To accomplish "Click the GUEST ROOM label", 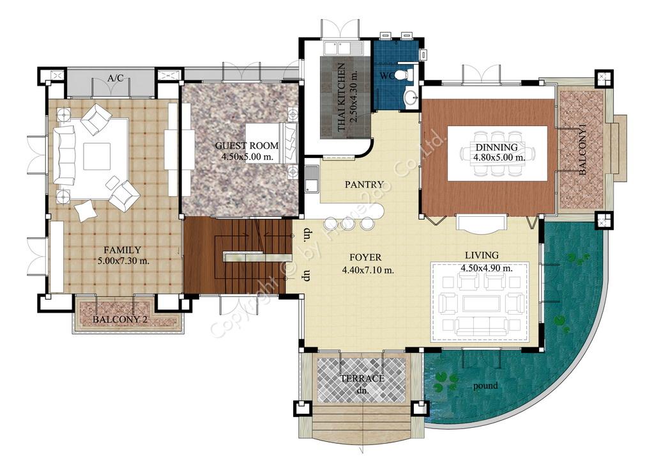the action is [x=247, y=146].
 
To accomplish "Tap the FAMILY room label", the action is [x=122, y=250].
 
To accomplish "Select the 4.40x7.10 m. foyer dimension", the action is [x=368, y=270].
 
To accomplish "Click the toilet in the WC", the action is [x=403, y=75].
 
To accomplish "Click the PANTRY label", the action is [x=364, y=184].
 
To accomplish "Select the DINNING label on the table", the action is [x=497, y=147].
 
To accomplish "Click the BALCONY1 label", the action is [x=582, y=150].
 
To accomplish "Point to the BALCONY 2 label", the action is [x=120, y=320].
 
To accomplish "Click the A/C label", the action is [x=116, y=78].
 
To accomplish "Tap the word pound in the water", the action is [x=485, y=386].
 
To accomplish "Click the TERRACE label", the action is [x=363, y=379].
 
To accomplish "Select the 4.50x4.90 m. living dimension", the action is [x=487, y=268].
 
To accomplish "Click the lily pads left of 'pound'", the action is [x=445, y=381].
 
